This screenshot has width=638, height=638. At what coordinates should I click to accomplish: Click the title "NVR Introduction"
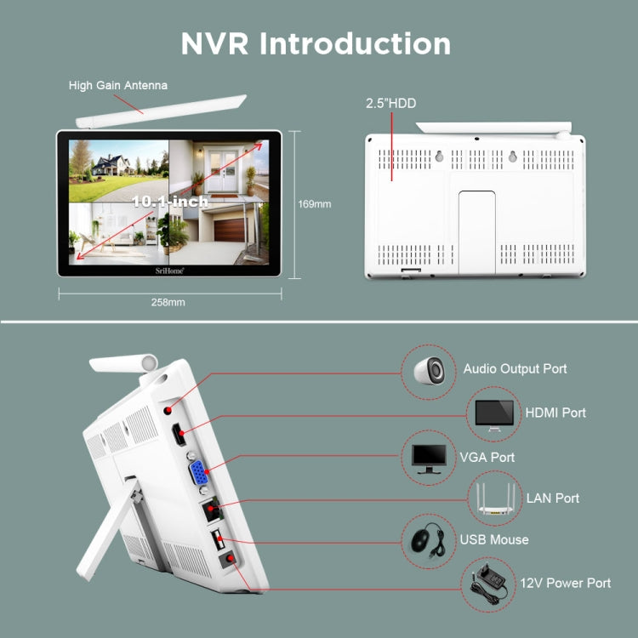[x=316, y=43]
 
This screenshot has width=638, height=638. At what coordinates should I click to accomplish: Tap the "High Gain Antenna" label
[x=118, y=85]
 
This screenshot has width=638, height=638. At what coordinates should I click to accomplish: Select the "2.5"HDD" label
[x=390, y=104]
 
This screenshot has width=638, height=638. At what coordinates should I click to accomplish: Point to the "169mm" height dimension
[x=314, y=204]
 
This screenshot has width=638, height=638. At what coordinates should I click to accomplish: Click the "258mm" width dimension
[x=168, y=302]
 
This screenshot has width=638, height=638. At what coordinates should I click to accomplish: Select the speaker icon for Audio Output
[x=429, y=369]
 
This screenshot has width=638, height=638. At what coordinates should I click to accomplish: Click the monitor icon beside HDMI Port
[x=493, y=413]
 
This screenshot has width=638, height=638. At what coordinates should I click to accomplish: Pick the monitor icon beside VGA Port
[x=429, y=458]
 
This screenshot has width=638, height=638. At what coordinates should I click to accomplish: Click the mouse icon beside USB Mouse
[x=429, y=540]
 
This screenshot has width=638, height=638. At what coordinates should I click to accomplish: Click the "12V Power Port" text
[x=566, y=584]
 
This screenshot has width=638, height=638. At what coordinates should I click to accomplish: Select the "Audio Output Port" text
[x=515, y=369]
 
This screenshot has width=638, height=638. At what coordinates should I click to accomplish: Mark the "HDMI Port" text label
[x=555, y=413]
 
